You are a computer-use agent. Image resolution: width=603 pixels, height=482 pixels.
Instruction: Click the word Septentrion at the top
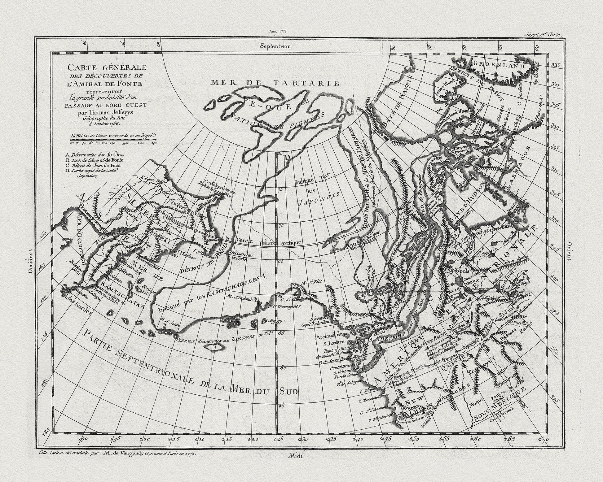point(275,46)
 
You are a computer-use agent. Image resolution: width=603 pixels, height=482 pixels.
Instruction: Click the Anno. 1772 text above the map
point(277,31)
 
